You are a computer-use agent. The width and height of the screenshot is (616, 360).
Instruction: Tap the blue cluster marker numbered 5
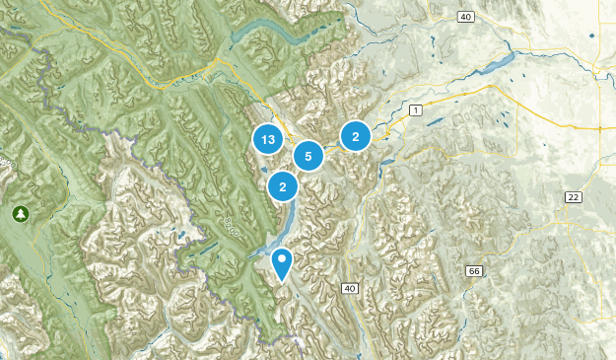(308, 155)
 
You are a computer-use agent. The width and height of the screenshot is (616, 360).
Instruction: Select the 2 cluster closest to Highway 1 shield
(355, 137)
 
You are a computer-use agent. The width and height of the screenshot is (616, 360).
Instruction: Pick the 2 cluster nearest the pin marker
(283, 184)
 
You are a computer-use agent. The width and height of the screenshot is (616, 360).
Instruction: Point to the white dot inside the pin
(283, 260)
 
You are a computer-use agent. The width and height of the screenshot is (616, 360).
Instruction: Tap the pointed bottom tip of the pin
(283, 281)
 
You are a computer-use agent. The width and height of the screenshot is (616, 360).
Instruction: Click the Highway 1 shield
(415, 110)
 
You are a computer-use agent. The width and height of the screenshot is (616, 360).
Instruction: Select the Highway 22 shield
(573, 197)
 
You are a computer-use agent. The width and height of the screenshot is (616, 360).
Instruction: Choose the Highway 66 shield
(474, 270)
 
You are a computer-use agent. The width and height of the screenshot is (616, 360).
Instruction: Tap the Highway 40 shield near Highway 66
(349, 288)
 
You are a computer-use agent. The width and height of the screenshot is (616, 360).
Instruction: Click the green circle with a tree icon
(20, 213)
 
